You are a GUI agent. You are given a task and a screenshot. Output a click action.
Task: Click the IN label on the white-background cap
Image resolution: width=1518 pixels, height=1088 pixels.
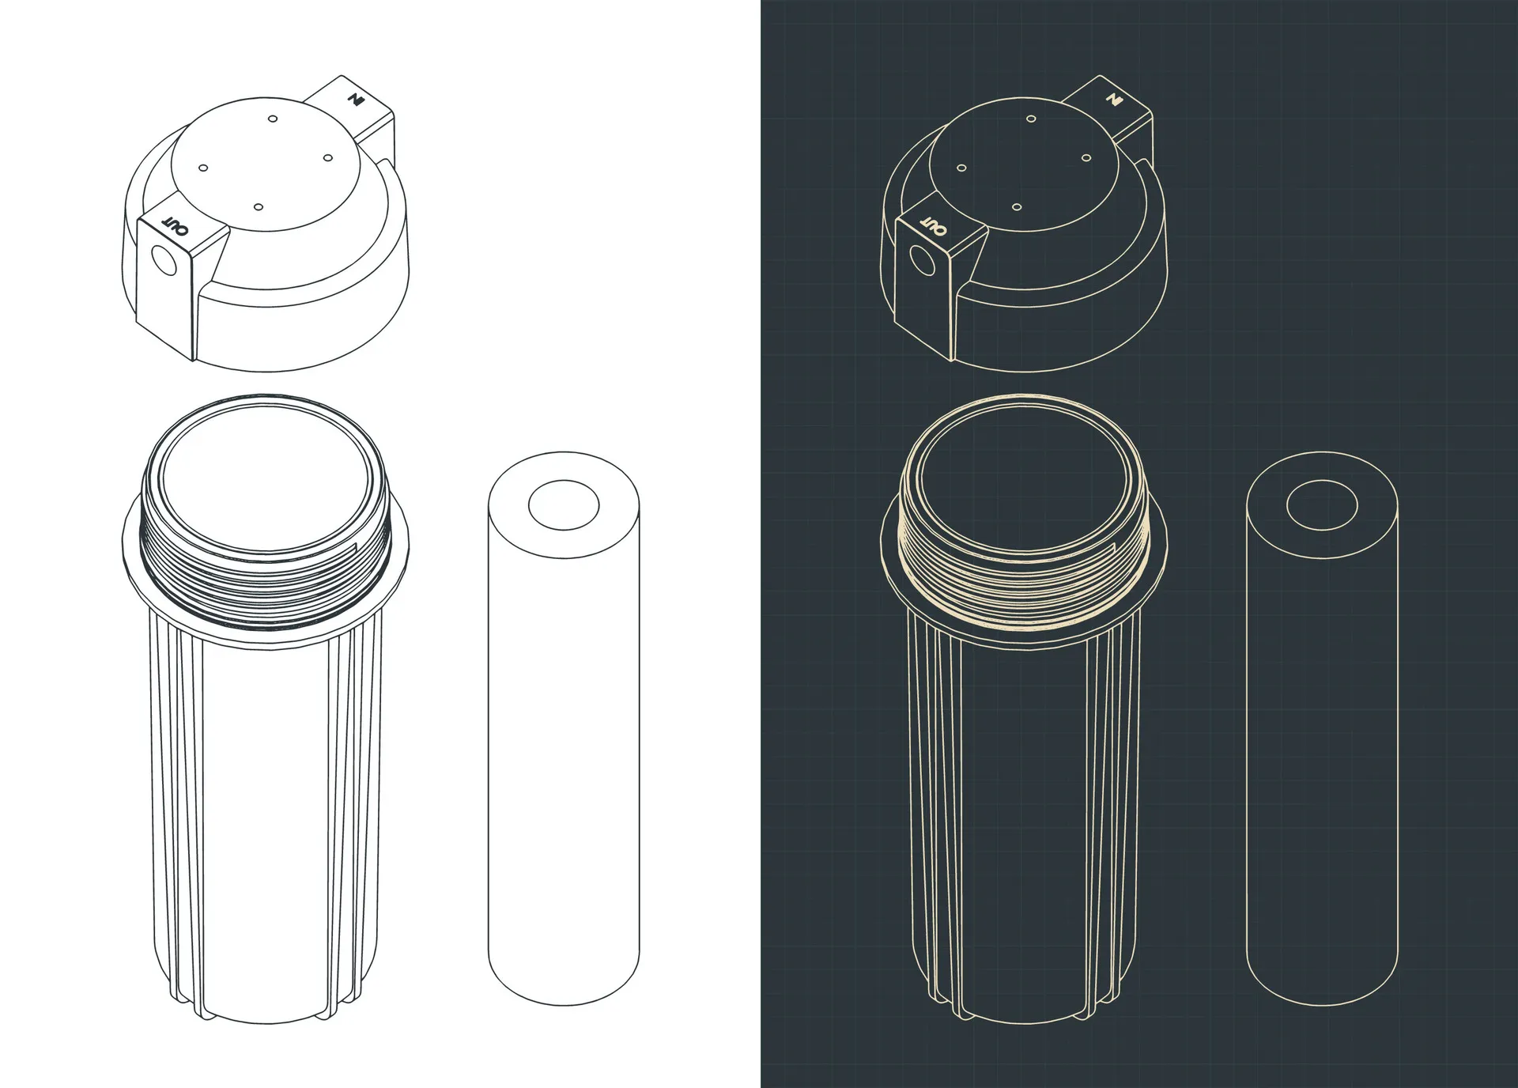click(357, 100)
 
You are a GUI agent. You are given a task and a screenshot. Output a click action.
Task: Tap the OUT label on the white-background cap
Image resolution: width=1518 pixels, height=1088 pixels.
click(176, 225)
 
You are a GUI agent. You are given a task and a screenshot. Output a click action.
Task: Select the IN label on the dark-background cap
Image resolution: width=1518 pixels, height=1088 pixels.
click(1115, 100)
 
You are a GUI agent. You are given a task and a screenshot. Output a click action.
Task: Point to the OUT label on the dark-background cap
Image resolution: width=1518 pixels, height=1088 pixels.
click(934, 225)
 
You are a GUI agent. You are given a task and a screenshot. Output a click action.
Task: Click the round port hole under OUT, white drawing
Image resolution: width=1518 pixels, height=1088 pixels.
click(164, 260)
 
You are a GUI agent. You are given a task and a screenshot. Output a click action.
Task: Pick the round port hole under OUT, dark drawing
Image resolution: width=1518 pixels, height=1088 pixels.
click(923, 260)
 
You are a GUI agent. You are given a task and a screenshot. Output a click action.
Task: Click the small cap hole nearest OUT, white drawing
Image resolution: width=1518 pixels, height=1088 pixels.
click(259, 207)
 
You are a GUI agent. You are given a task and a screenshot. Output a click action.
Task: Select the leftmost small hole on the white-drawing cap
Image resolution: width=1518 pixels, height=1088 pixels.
click(203, 168)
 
